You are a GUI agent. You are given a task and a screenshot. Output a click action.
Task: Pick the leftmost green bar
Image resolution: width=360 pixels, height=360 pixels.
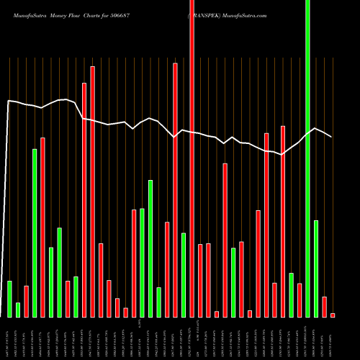pos(9,299)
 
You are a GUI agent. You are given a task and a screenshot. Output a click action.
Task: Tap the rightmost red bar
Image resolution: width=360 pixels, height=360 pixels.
pos(333,315)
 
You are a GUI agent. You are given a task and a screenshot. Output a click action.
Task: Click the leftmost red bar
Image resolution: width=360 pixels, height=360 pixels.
pos(26,301)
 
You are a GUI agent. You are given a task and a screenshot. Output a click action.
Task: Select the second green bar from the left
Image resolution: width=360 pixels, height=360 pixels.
pos(18,310)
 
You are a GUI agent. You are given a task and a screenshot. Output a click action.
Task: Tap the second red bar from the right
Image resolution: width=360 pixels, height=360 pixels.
pos(324,307)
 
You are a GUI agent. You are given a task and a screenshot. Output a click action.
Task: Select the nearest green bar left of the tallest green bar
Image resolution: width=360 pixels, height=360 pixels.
pos(291,295)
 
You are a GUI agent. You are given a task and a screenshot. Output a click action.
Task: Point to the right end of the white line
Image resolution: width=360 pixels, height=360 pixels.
pos(332,137)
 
